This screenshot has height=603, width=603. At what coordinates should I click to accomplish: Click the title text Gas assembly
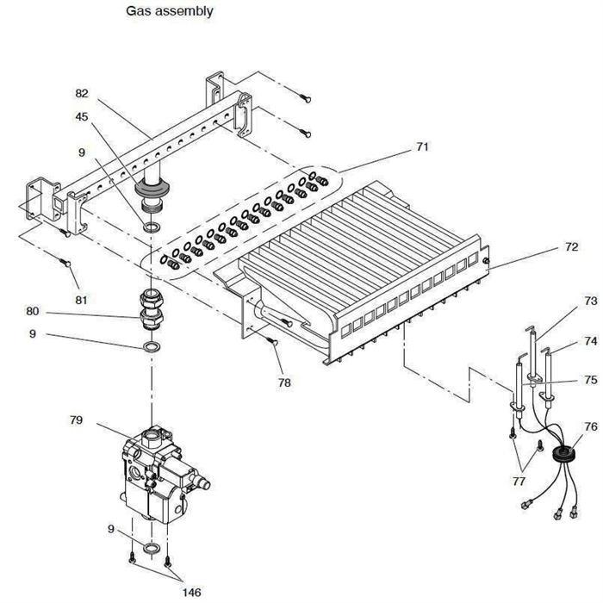pos(170,11)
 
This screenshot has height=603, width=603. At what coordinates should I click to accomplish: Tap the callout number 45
pos(81,117)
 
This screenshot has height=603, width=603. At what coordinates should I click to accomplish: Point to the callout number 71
pos(421,147)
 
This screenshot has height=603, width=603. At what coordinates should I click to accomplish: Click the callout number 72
pos(571,247)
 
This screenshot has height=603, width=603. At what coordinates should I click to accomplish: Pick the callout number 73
pos(589,301)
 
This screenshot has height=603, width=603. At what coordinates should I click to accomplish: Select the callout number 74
pos(589,341)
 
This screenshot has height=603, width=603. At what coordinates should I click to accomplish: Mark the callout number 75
pos(589,379)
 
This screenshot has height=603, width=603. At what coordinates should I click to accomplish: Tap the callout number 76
pos(589,426)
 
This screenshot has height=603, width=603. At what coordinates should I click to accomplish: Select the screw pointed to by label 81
pos(66,263)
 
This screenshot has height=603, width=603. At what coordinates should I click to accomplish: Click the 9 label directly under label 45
pos(82,152)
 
